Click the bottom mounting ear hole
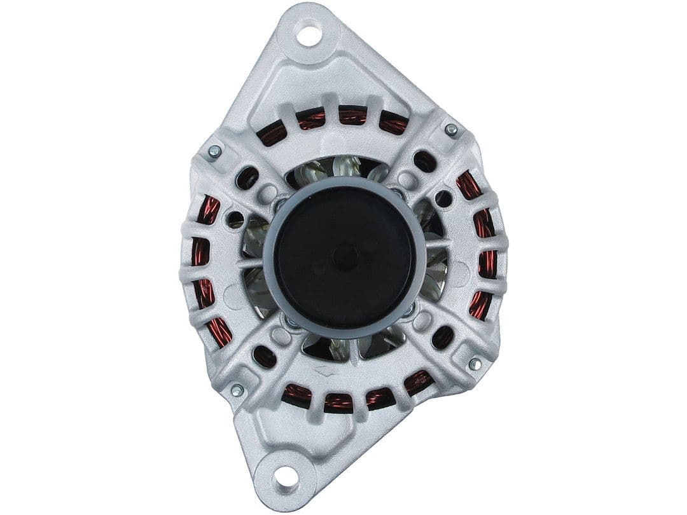pos(287,476)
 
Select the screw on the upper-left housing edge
pos(214,151)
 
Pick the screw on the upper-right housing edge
pos(451,130)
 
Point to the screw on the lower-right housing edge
pos(475,364)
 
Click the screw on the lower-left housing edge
pos(237,390)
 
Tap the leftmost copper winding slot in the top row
pos(273,134)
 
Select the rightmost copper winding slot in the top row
pos(393,123)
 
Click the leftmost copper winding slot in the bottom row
pos(296,395)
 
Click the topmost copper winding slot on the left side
pos(208,210)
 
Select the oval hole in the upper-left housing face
pos(247,178)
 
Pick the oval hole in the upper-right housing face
pos(424,161)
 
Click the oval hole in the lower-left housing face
pos(264,357)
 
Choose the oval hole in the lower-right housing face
pos(442,337)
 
